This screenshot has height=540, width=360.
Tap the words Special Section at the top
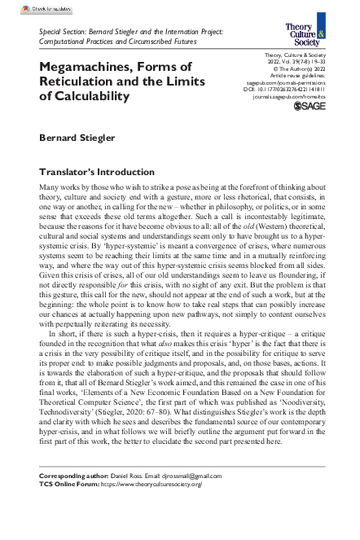62,29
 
